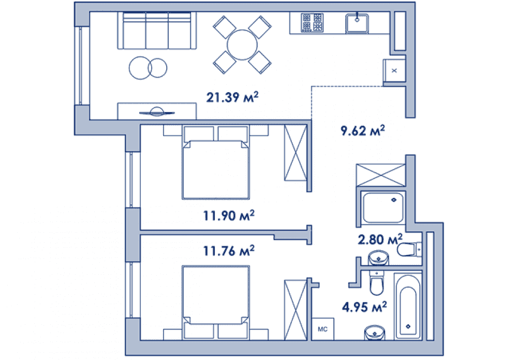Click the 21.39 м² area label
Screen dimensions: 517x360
[x=232, y=97]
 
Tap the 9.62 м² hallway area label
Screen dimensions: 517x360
[x=362, y=130]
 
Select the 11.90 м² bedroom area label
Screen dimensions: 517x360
[x=229, y=215]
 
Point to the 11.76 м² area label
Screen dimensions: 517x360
[x=229, y=250]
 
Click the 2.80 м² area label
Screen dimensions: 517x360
[x=380, y=239]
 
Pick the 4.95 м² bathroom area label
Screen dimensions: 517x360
[x=364, y=307]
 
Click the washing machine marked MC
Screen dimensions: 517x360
[x=323, y=328]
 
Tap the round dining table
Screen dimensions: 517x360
[x=242, y=45]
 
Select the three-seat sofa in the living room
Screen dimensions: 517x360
[x=157, y=31]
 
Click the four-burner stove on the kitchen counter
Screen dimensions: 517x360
[x=312, y=22]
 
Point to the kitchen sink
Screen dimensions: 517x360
[x=357, y=23]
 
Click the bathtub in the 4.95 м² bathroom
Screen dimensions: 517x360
[x=408, y=306]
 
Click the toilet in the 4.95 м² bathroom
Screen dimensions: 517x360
[x=377, y=283]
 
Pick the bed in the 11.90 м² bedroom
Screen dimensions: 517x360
[x=216, y=162]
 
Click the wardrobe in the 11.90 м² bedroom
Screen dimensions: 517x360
[x=296, y=153]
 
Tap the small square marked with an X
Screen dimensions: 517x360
[x=394, y=70]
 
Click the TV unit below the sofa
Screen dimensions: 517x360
[x=157, y=111]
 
